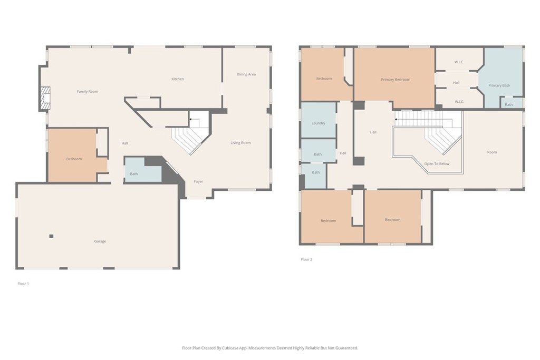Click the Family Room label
tap(88, 92)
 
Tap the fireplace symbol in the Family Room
tap(46, 99)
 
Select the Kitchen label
tap(178, 79)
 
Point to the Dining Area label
tap(246, 74)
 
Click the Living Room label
tap(240, 143)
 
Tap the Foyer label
tap(198, 181)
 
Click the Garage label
tap(100, 241)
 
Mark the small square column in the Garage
tap(51, 236)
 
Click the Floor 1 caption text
tap(23, 284)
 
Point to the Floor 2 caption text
tap(306, 259)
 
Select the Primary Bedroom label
tap(396, 80)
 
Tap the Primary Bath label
tap(499, 85)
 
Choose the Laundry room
tap(319, 123)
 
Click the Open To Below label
tap(437, 164)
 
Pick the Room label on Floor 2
tap(491, 152)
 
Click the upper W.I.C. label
tap(459, 62)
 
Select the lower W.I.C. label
tap(459, 102)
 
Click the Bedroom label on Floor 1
tap(74, 159)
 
